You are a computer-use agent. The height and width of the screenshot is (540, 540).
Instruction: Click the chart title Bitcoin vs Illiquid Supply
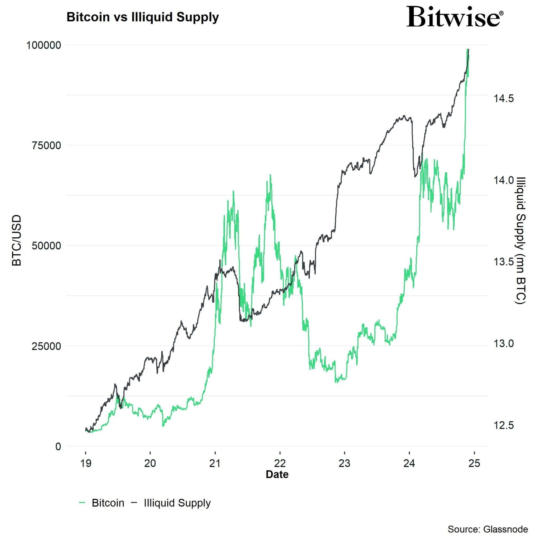(x=143, y=17)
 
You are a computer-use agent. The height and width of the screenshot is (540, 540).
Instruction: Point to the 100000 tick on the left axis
(x=44, y=45)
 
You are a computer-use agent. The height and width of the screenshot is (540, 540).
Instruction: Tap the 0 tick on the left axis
(x=58, y=446)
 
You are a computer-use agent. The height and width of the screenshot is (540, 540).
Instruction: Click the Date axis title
(x=277, y=475)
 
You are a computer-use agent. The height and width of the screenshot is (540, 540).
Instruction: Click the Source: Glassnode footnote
(x=488, y=529)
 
